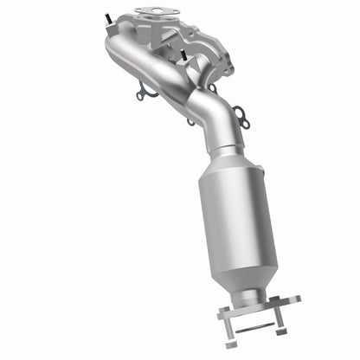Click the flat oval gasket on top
tap(152, 13)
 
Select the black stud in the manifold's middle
tap(184, 55)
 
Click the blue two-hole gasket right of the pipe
tap(241, 119)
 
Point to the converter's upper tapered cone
tap(227, 163)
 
